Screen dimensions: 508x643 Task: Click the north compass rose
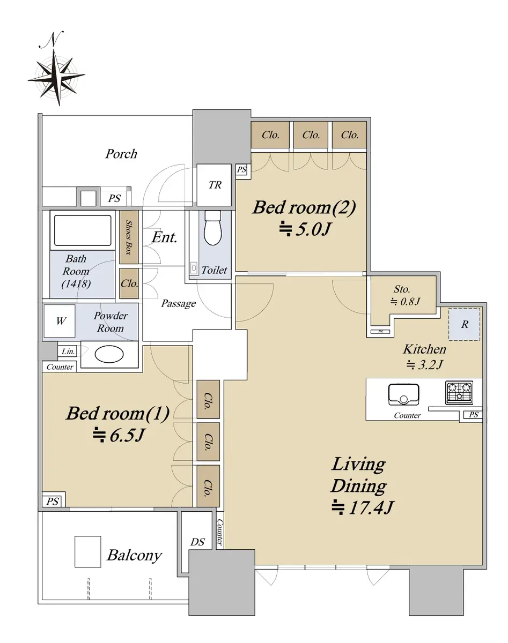[x=57, y=77]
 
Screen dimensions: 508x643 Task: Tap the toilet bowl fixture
[x=213, y=228]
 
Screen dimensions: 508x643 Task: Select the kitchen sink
[x=403, y=394]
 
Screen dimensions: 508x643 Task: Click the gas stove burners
[x=459, y=393]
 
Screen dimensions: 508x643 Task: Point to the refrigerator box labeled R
[x=465, y=324]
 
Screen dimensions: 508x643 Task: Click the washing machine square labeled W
[x=60, y=321]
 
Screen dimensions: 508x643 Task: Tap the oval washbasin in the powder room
[x=109, y=354]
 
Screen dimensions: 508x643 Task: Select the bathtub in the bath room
[x=83, y=230]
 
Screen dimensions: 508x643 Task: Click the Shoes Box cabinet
[x=129, y=237]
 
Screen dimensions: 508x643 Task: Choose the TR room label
[x=215, y=185]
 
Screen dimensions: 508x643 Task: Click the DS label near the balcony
[x=197, y=542]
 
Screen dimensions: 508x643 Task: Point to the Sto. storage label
[x=402, y=289]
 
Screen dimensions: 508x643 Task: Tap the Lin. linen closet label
[x=68, y=352]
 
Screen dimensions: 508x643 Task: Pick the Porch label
[x=121, y=154]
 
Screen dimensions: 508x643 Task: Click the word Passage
[x=178, y=304]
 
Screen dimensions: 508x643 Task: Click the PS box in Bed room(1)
[x=53, y=501]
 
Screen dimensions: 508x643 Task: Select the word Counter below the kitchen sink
[x=407, y=415]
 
